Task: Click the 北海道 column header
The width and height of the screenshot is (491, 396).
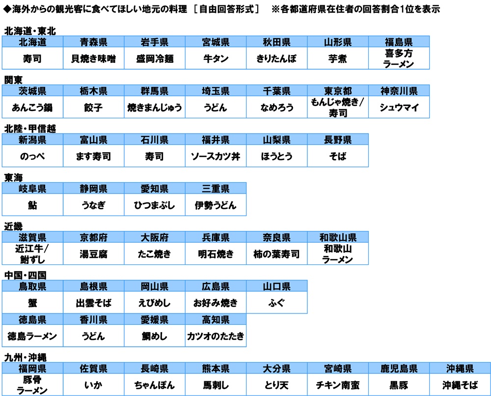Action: coord(32,42)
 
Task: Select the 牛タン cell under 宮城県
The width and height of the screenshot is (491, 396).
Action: coord(216,58)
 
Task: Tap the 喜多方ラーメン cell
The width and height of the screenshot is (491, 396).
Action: coord(399,58)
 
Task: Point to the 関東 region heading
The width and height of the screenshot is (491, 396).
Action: coord(13,80)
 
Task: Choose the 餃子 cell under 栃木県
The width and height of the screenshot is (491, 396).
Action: coord(94,107)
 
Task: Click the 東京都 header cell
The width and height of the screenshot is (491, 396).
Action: coord(338,90)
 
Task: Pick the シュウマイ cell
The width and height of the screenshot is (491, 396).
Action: coord(399,107)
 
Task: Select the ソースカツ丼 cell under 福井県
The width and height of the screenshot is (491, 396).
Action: coord(216,156)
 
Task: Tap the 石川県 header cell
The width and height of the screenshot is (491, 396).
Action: coord(155,140)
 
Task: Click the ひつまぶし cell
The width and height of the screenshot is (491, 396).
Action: coord(155,205)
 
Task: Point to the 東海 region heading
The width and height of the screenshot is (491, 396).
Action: coord(13,178)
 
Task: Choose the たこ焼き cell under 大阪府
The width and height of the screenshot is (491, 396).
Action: coord(155,254)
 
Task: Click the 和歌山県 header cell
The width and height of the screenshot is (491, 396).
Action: coord(338,237)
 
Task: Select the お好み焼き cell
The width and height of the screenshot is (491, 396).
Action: coord(216,303)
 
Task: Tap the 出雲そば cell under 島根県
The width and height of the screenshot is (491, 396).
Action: coord(94,303)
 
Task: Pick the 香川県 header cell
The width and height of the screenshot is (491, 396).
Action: coord(94,319)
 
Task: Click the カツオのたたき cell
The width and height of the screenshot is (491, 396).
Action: coord(216,336)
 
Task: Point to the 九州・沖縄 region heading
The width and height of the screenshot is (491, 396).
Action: coord(26,358)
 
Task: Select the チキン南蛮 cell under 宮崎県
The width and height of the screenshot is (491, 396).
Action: coord(338,385)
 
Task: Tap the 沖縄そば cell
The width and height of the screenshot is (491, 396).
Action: coord(460,385)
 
